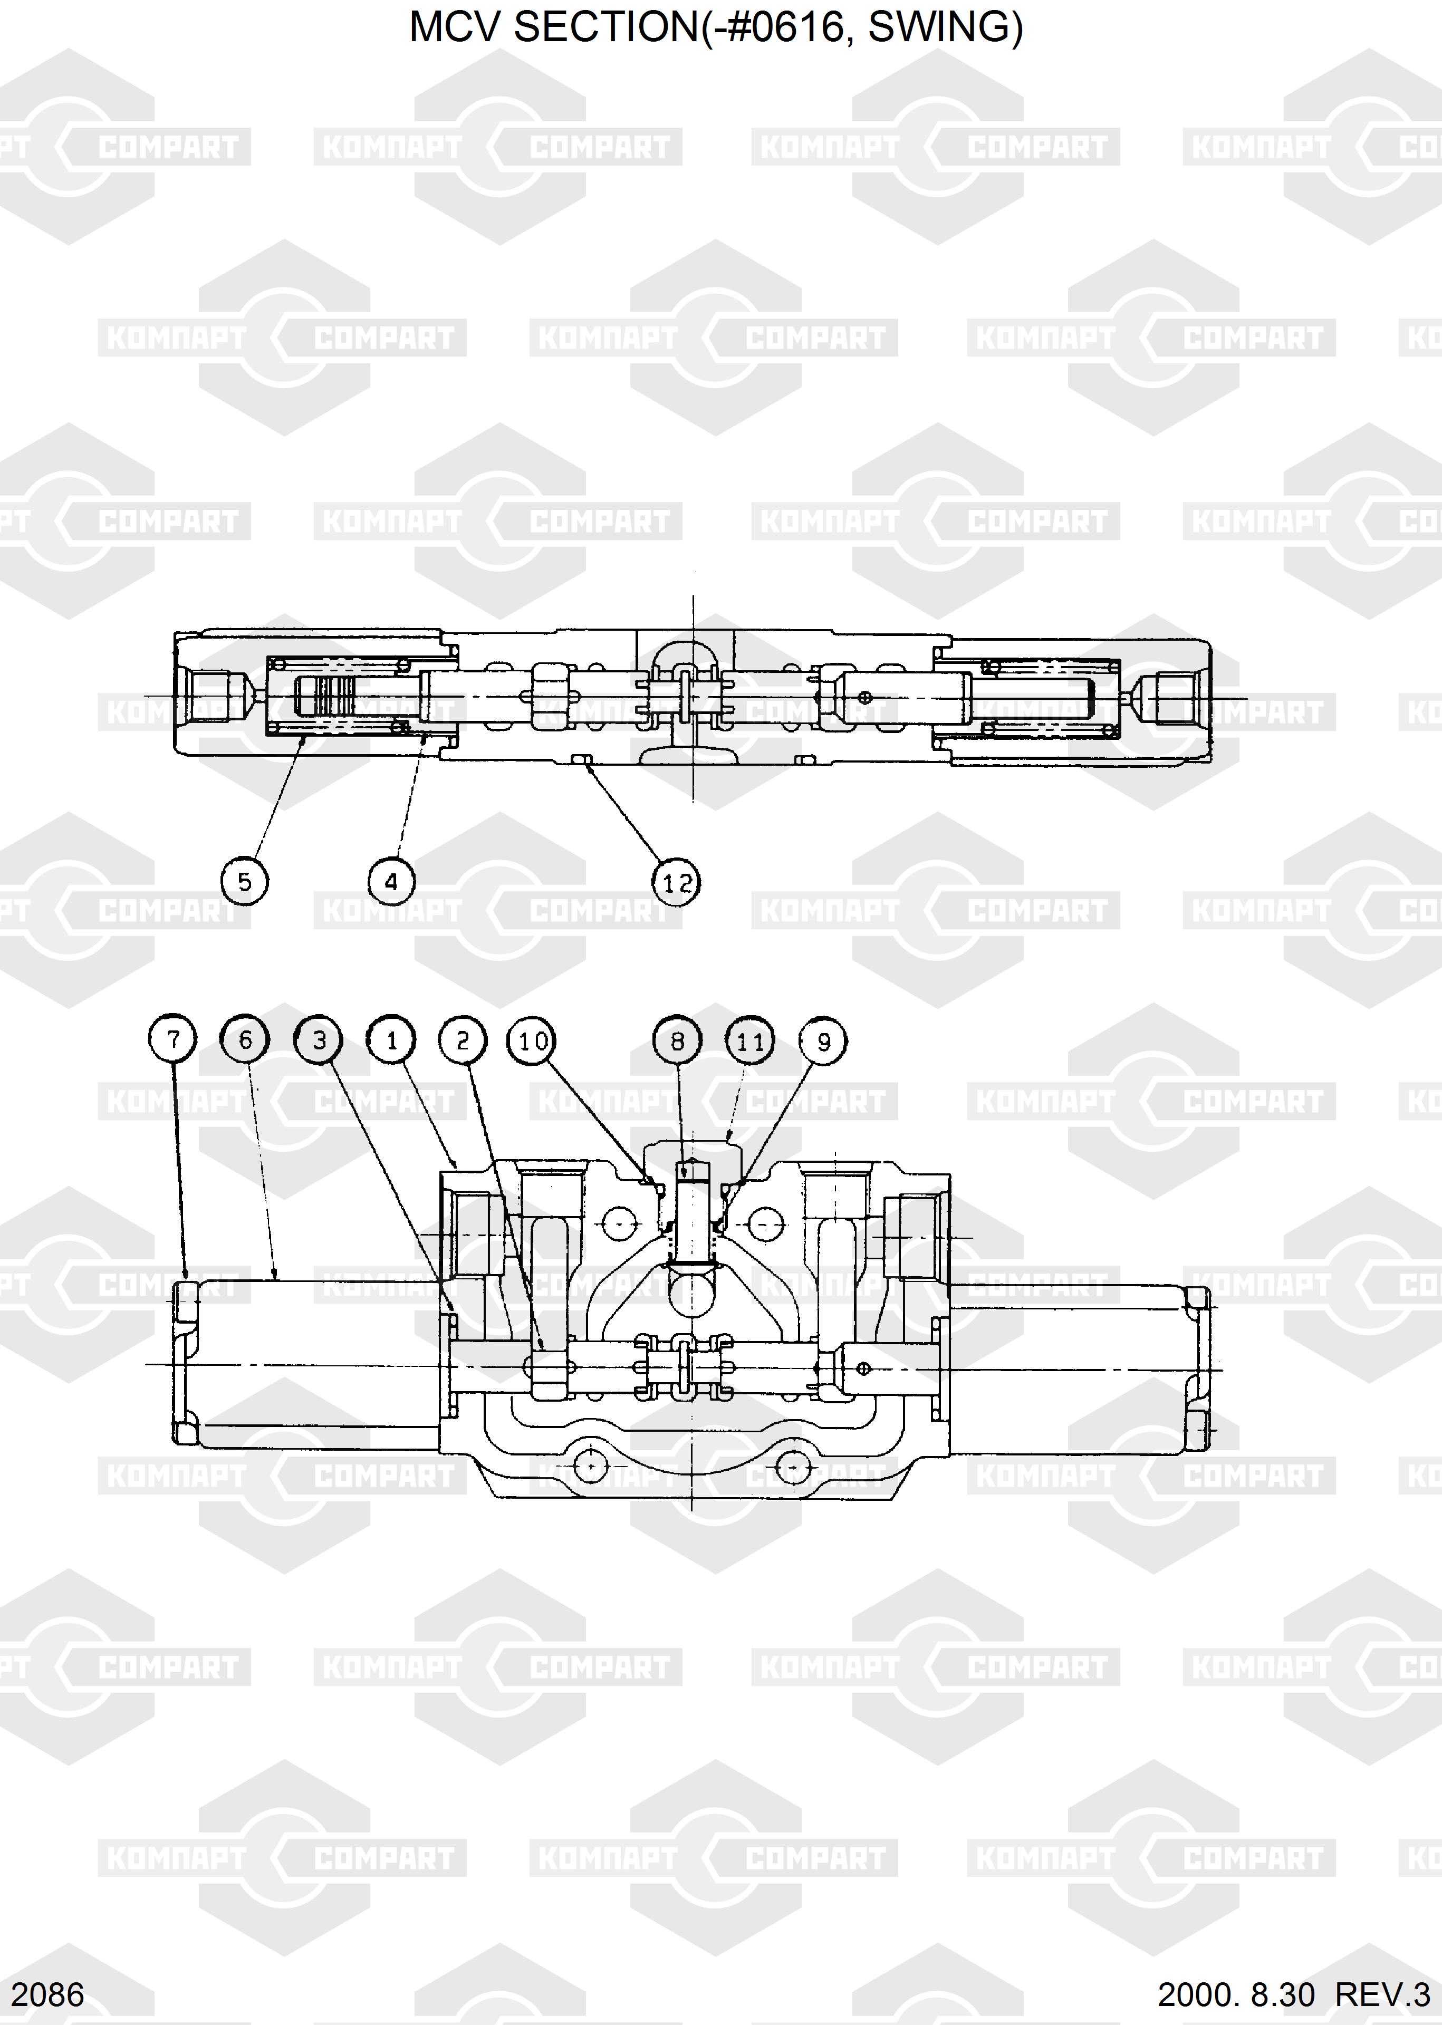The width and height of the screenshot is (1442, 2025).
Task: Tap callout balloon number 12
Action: tap(677, 882)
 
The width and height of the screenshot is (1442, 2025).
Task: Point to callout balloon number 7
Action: tap(173, 1039)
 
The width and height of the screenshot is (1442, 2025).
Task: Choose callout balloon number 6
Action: tap(246, 1039)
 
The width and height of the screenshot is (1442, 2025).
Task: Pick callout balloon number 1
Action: tap(391, 1039)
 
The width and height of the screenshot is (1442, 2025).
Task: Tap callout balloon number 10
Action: tap(532, 1040)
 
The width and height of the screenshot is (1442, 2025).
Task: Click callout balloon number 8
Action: tap(678, 1040)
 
